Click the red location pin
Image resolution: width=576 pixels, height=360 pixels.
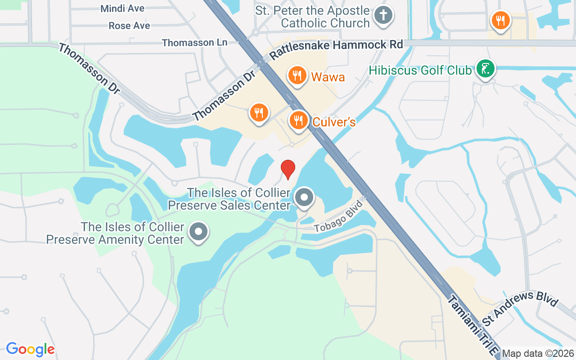288,169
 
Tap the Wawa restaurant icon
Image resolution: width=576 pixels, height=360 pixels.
297,75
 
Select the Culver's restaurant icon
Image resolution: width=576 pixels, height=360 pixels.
298,120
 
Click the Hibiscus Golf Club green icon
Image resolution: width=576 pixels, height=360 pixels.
486,69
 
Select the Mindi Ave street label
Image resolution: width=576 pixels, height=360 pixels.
122,9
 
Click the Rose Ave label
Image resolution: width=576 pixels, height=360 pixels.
129,26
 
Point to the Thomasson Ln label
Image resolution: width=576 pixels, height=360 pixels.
194,43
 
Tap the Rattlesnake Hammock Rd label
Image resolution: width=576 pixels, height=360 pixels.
336,45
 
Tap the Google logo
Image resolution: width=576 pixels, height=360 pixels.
30,349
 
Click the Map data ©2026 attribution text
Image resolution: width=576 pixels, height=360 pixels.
538,354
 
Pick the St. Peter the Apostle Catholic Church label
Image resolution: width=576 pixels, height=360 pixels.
312,17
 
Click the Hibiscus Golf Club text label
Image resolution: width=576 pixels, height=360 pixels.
420,71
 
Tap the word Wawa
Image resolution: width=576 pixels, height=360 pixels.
328,77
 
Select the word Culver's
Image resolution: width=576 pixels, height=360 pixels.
334,122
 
